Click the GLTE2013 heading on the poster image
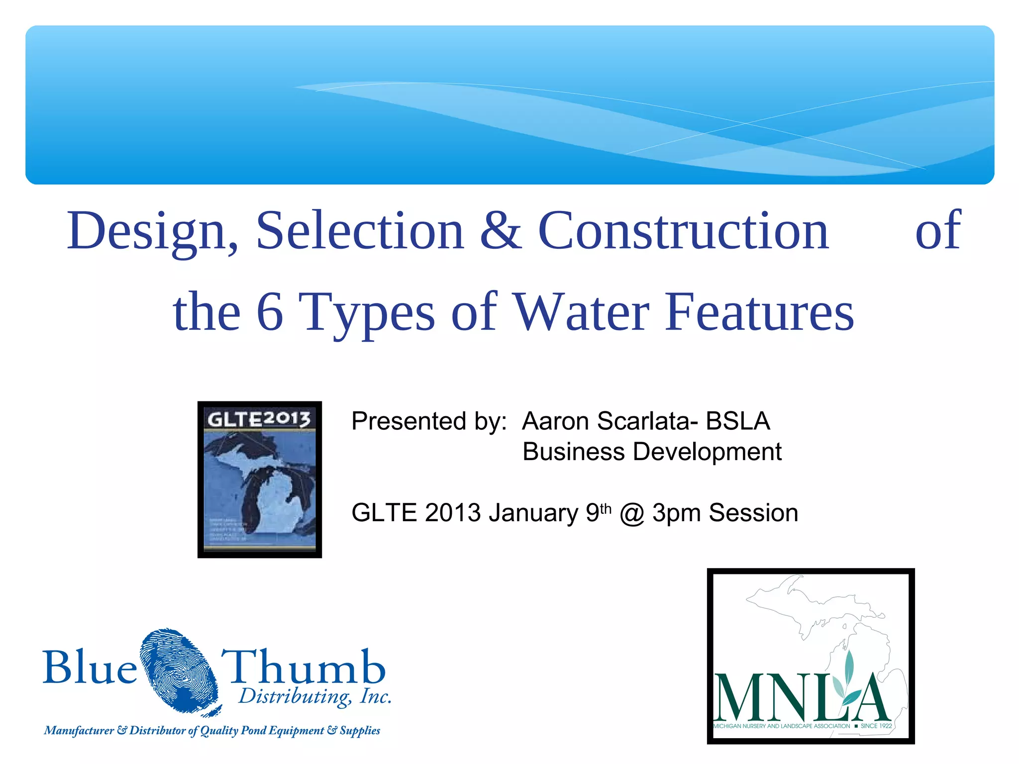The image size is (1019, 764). click(x=259, y=419)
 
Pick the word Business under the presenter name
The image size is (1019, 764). click(x=573, y=452)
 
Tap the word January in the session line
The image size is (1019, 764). click(x=533, y=513)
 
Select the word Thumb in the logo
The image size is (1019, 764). click(x=304, y=668)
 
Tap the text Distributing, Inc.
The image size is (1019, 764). click(x=315, y=697)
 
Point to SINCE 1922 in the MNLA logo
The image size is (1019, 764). click(x=876, y=726)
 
